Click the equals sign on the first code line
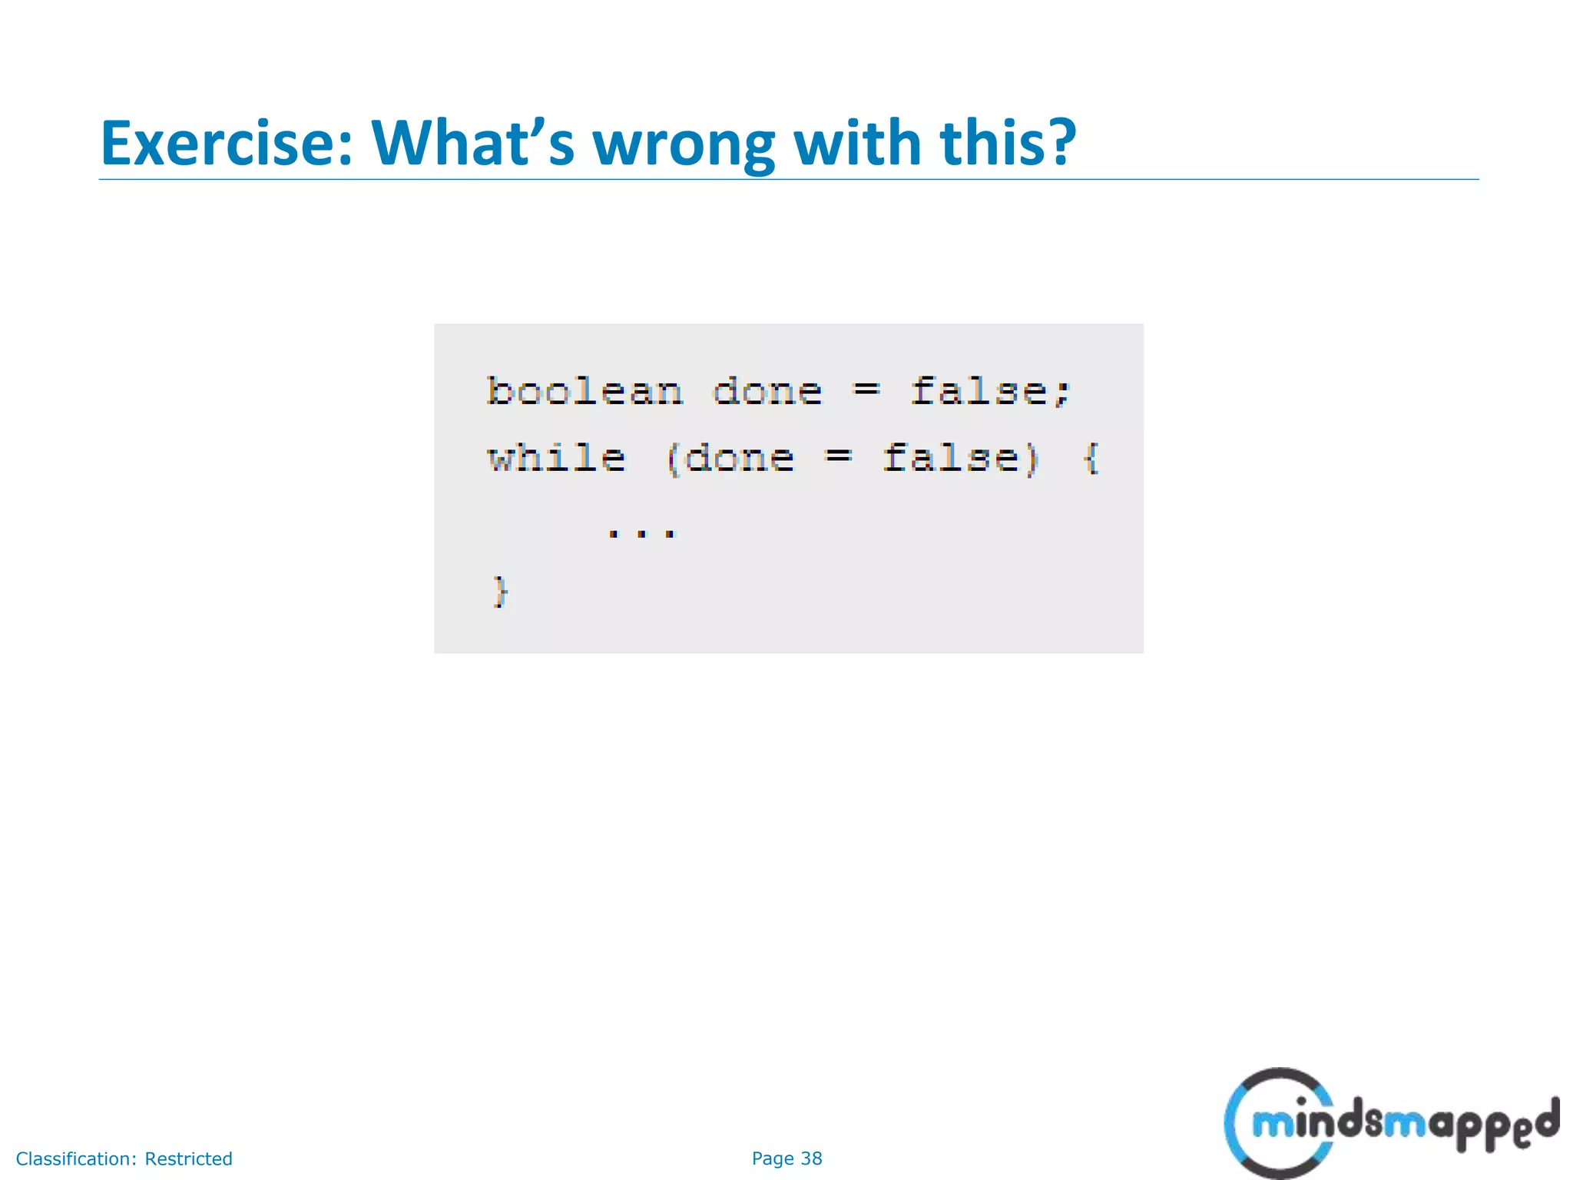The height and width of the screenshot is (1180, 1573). click(866, 390)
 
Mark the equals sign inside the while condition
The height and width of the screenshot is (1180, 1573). click(838, 457)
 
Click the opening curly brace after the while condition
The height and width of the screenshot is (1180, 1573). click(1091, 459)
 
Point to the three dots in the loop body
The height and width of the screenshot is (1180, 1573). click(641, 532)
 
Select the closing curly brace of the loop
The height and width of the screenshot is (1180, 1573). click(500, 592)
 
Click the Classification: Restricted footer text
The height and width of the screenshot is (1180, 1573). click(124, 1158)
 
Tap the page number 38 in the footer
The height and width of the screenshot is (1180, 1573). click(811, 1158)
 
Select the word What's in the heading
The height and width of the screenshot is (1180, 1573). click(472, 144)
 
